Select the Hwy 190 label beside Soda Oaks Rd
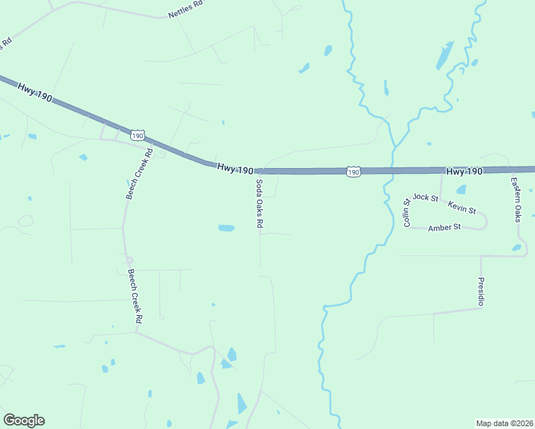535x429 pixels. pos(235,169)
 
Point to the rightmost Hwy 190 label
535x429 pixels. pos(464,172)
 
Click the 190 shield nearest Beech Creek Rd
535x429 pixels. pos(138,135)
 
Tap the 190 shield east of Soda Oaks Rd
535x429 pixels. pos(353,172)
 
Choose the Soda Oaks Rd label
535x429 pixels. pos(259,204)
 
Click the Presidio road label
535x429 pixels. pos(481,292)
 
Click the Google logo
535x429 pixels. pos(24,420)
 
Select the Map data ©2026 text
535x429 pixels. pos(504,423)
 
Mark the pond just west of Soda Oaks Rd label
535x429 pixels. pos(226,229)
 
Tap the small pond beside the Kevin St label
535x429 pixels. pos(461,190)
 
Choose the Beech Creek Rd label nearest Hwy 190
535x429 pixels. pos(139,174)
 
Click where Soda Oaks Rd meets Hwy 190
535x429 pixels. pos(259,172)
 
